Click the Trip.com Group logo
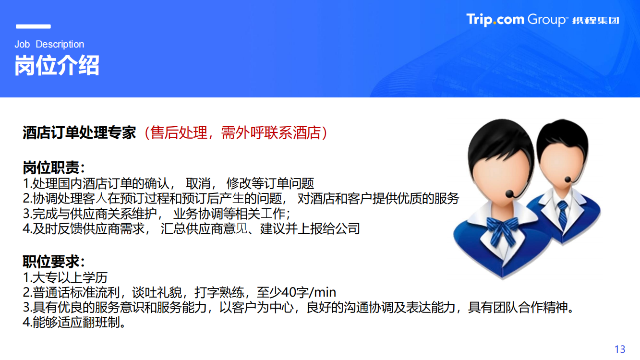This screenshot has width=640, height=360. point(543,20)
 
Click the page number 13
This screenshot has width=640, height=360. point(620,349)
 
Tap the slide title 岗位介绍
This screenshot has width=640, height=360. point(57,65)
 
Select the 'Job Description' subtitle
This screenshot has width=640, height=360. point(49,44)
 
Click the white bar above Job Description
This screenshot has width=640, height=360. point(33,26)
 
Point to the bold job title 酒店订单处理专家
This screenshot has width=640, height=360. point(79,133)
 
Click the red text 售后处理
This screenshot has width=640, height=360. point(179,133)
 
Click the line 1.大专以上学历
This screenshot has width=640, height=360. point(65,277)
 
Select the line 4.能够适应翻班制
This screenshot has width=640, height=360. point(74,322)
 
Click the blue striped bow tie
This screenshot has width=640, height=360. point(502,230)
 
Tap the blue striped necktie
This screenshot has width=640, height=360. point(563,214)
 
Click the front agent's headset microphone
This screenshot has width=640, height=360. point(509,194)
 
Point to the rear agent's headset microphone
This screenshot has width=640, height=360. point(568,180)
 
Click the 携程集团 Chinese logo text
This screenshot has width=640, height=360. point(596,21)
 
